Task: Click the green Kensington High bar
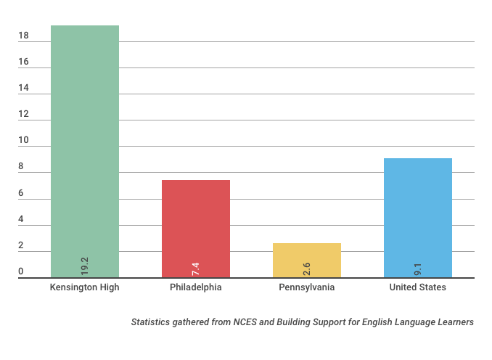(x=84, y=145)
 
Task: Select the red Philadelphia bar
(x=195, y=225)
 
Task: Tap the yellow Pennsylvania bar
(x=306, y=258)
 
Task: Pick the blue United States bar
(x=417, y=214)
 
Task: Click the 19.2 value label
(x=84, y=266)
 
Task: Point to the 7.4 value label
(x=195, y=268)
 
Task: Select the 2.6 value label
(x=306, y=268)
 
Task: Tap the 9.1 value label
(x=418, y=268)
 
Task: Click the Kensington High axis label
(x=84, y=287)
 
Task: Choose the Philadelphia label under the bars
(x=195, y=287)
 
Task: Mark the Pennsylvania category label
(x=306, y=287)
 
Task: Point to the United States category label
(x=417, y=287)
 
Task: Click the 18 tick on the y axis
(x=23, y=35)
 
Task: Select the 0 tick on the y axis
(x=21, y=271)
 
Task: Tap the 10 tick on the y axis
(x=23, y=140)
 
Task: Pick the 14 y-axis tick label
(x=23, y=88)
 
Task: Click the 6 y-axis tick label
(x=21, y=193)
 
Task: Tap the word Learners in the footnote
(x=456, y=322)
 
